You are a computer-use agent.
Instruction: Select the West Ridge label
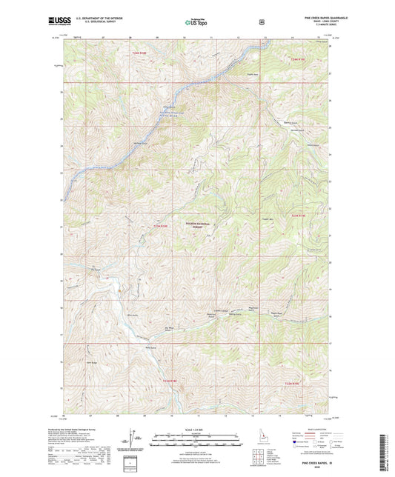(x=93, y=362)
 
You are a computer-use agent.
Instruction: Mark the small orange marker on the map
(x=120, y=290)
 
